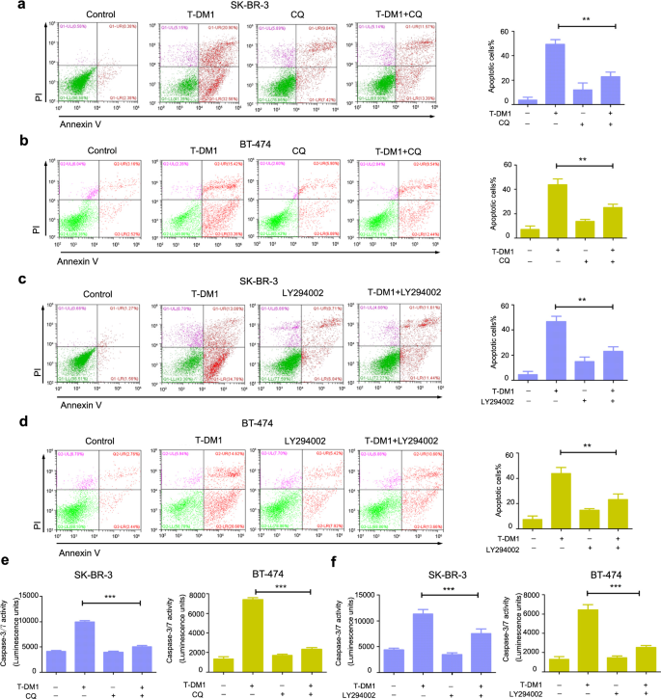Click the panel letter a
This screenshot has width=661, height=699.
(7, 7)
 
